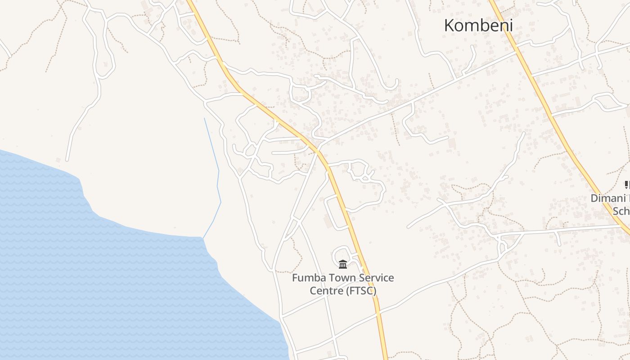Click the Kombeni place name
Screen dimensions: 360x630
[478, 25]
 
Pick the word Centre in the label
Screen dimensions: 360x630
[326, 291]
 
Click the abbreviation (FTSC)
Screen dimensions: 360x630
[361, 291]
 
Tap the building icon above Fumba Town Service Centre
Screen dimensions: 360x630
[343, 264]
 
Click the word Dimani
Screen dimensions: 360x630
[610, 198]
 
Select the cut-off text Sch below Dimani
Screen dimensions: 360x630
[621, 211]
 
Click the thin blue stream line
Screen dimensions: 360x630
[219, 180]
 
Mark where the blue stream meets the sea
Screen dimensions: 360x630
[203, 237]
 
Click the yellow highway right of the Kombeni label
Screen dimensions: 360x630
[522, 54]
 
